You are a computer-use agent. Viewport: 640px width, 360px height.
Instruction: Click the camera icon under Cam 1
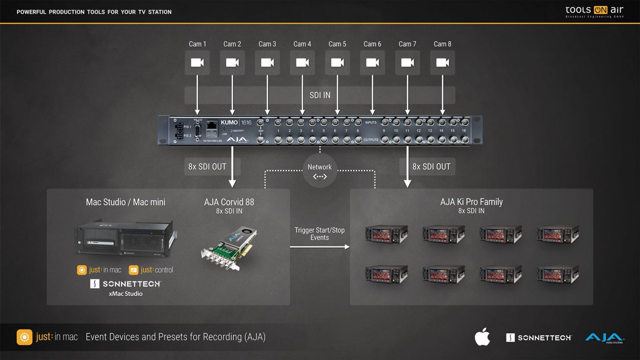[x=197, y=63]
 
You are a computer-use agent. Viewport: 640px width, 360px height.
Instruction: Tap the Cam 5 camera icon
[x=337, y=63]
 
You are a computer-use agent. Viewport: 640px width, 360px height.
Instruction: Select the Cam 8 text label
[x=442, y=44]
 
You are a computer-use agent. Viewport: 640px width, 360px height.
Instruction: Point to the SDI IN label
[x=320, y=95]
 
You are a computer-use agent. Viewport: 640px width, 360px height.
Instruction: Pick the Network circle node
[x=320, y=170]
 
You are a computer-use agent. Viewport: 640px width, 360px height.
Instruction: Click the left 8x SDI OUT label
[x=207, y=166]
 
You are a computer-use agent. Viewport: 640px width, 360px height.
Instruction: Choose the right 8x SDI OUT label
[x=431, y=166]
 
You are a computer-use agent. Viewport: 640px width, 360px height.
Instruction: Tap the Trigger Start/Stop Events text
[x=320, y=233]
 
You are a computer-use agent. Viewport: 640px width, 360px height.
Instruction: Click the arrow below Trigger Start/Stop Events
[x=320, y=247]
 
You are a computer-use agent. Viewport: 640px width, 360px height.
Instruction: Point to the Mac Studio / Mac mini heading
[x=126, y=202]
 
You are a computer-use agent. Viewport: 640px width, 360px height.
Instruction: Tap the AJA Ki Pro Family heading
[x=471, y=201]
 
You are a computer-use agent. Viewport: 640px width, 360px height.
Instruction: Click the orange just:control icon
[x=133, y=270]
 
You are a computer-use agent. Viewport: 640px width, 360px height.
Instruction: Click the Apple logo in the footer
[x=482, y=337]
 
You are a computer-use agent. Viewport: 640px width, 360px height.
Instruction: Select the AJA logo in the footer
[x=604, y=338]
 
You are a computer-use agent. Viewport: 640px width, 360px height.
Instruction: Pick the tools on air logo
[x=594, y=11]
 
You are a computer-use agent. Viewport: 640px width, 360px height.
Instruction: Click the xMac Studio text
[x=126, y=294]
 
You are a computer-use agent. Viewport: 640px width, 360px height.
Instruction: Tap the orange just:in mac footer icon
[x=25, y=337]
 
